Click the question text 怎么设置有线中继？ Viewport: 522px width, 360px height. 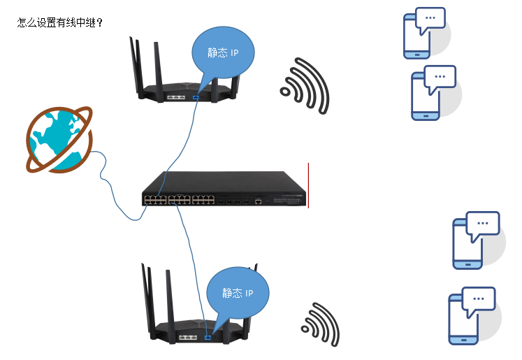click(x=60, y=22)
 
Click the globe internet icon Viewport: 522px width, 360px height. click(x=56, y=140)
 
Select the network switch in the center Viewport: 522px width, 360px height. click(x=224, y=190)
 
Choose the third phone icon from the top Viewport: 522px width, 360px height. click(x=467, y=243)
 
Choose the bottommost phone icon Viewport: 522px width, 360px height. click(x=463, y=317)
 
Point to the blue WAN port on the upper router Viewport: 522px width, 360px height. click(x=195, y=96)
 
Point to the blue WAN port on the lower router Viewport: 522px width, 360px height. click(x=208, y=338)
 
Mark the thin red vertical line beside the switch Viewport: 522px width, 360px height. click(x=308, y=185)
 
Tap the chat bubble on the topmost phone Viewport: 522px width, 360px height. click(x=430, y=19)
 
